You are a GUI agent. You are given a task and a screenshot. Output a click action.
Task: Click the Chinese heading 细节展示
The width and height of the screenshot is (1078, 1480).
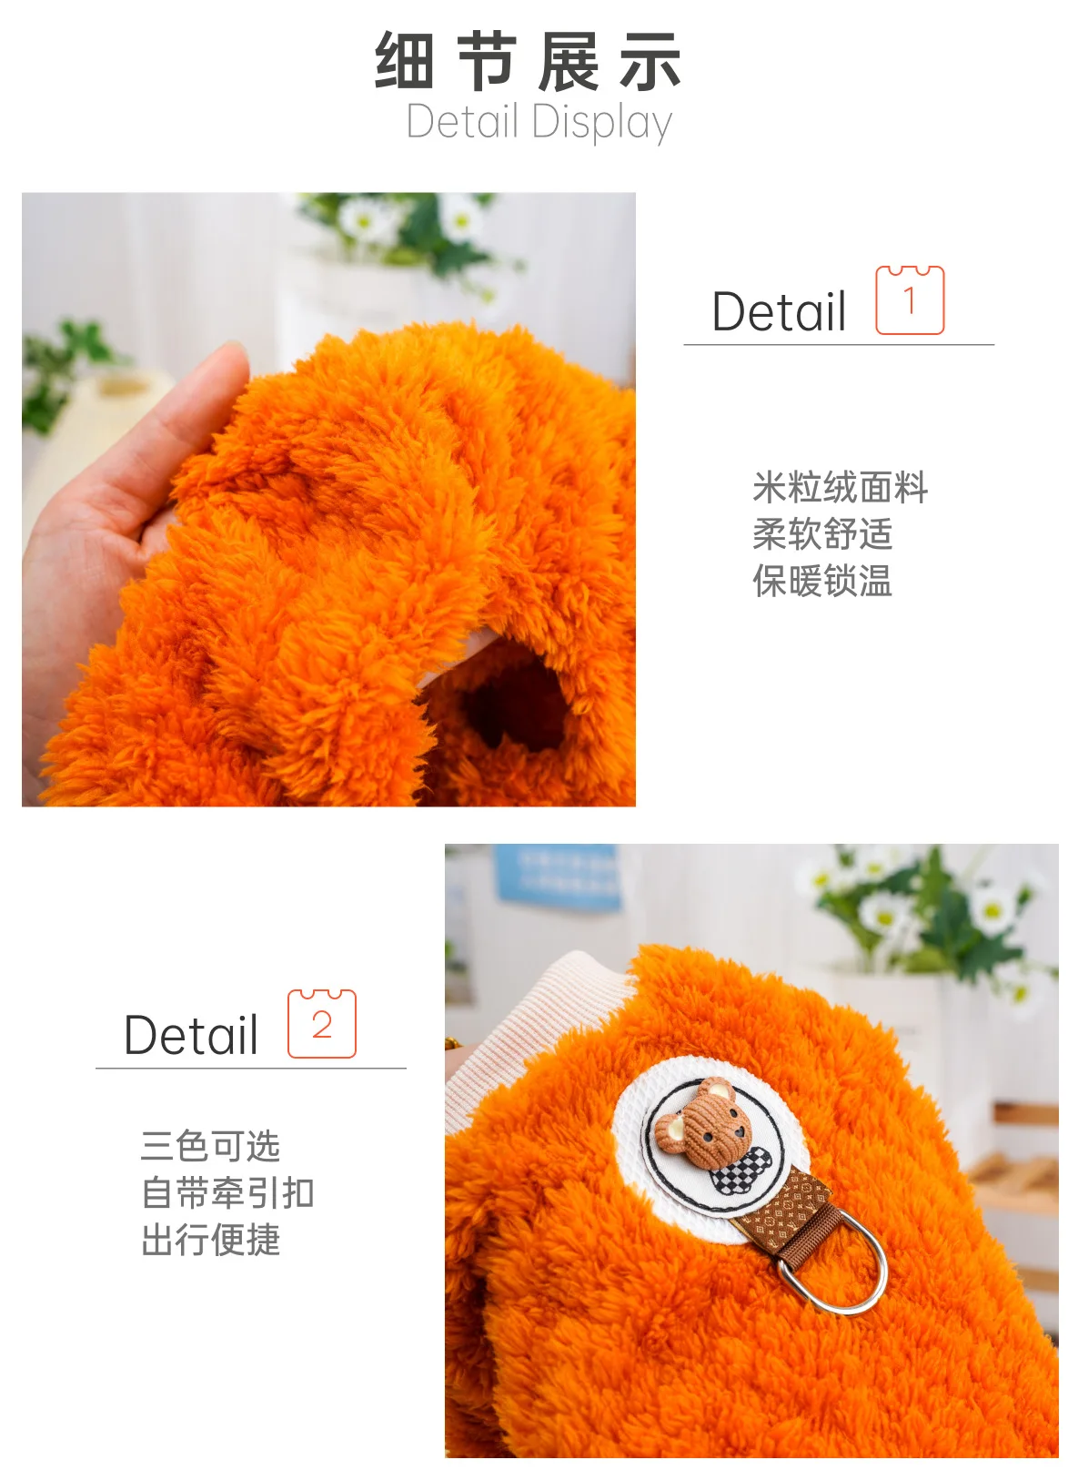528,61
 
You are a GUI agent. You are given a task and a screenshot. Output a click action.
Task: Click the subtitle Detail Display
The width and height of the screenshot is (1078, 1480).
539,122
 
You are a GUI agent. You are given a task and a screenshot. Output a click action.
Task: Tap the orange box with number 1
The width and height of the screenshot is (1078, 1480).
910,300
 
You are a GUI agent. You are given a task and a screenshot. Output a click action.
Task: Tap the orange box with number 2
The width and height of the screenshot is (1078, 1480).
322,1023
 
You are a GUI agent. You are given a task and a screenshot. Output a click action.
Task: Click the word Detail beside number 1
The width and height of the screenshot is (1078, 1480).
779,311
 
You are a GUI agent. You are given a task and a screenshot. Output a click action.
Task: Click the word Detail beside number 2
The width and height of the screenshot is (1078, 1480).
191,1035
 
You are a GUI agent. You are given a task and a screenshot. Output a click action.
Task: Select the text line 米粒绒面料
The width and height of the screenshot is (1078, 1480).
841,487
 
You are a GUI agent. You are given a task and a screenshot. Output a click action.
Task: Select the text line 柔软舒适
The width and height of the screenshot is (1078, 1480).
822,534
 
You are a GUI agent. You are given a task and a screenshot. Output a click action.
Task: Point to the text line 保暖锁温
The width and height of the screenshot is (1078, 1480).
822,581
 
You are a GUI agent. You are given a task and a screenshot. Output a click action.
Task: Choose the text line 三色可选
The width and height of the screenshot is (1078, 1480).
211,1146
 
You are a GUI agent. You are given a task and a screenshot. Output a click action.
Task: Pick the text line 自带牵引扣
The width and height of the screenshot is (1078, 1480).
228,1192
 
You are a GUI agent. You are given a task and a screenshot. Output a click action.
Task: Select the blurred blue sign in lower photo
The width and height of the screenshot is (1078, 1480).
559,876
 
